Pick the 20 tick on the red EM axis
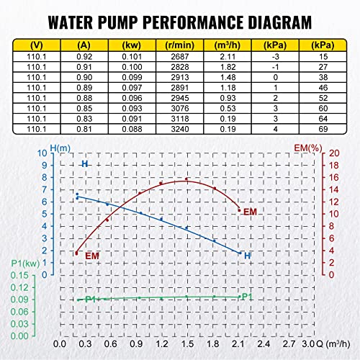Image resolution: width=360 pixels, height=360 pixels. [x=333, y=153]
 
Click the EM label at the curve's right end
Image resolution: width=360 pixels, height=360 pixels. [x=250, y=212]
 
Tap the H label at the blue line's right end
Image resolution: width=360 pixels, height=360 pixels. [x=247, y=256]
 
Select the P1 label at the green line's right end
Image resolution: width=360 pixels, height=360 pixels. [x=246, y=297]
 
